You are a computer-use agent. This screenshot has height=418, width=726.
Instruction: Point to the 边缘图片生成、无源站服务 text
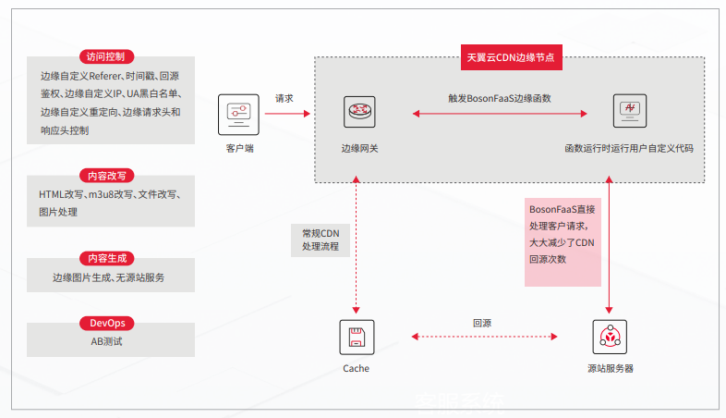coord(110,277)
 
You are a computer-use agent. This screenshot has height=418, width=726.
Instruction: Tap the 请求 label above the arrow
coord(284,98)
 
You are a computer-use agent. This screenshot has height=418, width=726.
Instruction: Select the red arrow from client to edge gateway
coord(285,114)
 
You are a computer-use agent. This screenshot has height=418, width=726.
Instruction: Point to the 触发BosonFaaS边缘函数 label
coord(500,98)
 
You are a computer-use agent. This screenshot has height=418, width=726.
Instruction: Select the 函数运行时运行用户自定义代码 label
coord(629,148)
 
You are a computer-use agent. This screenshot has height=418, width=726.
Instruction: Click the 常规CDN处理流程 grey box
coord(314,241)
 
